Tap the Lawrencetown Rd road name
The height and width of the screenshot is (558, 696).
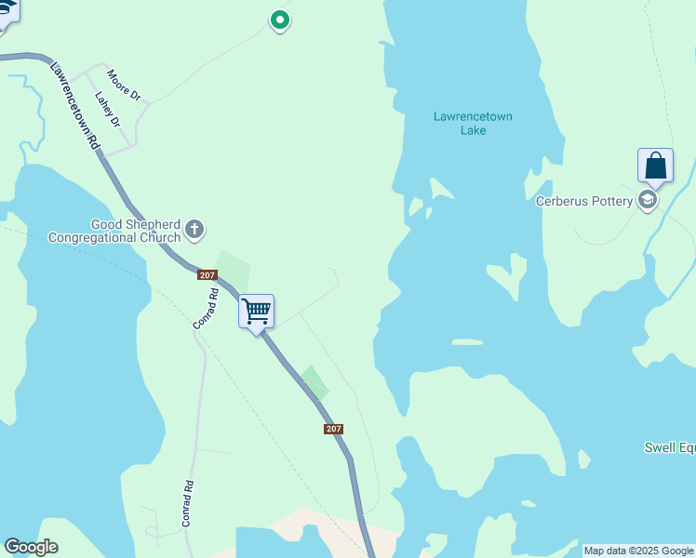click(74, 107)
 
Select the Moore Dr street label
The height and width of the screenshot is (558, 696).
click(123, 85)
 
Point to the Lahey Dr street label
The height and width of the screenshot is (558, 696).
click(108, 109)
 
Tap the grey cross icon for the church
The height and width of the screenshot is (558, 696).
click(194, 228)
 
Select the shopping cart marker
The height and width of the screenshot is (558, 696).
click(256, 312)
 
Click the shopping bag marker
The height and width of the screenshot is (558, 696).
click(655, 166)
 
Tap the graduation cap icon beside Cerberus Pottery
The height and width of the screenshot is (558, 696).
click(648, 200)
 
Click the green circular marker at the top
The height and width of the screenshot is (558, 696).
click(279, 20)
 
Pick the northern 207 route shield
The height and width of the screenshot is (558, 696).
click(207, 275)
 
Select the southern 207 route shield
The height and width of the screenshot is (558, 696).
click(334, 429)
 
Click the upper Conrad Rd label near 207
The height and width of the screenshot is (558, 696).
click(206, 308)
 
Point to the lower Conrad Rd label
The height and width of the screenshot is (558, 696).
click(187, 503)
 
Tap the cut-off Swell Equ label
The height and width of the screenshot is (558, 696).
click(670, 448)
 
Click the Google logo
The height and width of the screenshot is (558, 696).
click(31, 547)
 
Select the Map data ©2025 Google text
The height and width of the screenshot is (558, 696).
click(639, 551)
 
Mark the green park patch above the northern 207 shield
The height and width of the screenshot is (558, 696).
click(233, 267)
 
